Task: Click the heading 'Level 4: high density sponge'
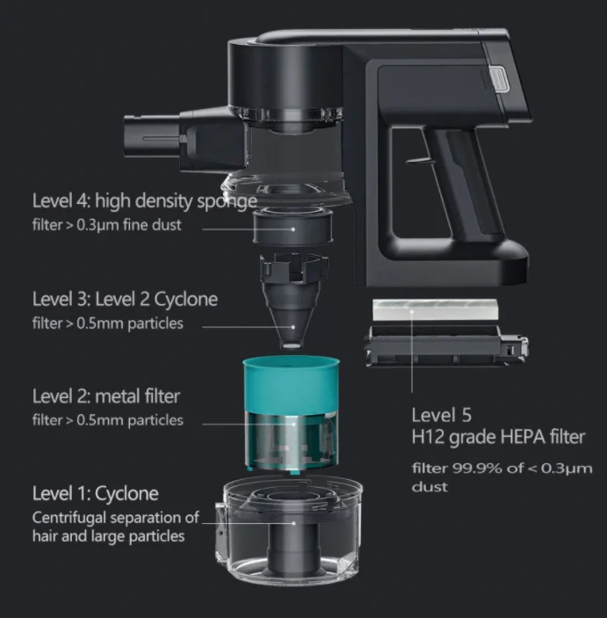click(145, 201)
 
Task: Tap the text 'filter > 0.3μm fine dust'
click(107, 225)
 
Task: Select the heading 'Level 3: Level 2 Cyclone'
click(125, 299)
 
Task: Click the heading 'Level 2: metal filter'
click(106, 396)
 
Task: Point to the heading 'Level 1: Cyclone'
click(96, 493)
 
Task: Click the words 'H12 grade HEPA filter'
click(498, 437)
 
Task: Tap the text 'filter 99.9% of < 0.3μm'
click(502, 469)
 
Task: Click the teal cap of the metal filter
click(291, 383)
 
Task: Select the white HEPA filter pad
click(435, 309)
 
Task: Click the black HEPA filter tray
click(447, 345)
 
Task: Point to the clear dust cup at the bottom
click(289, 530)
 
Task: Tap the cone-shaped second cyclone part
click(293, 302)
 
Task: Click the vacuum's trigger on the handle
click(416, 160)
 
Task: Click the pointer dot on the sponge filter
click(293, 229)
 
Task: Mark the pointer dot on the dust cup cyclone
click(293, 523)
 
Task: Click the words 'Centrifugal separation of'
click(115, 518)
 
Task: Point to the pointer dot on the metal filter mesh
click(293, 424)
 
